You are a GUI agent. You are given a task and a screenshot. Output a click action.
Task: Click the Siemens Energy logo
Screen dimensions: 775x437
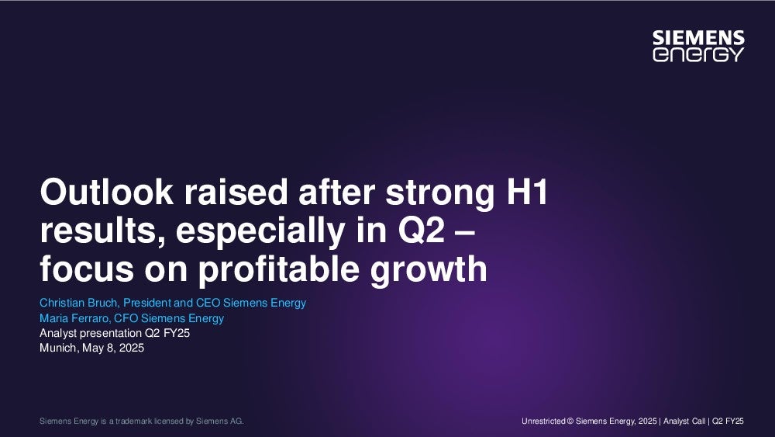(698, 46)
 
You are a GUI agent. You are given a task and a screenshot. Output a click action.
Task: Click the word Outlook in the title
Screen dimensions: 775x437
(107, 192)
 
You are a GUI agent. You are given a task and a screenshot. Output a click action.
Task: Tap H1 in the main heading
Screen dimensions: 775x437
(527, 192)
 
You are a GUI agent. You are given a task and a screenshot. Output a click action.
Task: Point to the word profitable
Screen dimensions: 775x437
(278, 269)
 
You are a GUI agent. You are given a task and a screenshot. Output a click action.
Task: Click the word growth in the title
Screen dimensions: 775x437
(429, 269)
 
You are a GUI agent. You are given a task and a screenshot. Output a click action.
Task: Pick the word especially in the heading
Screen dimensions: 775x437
(260, 231)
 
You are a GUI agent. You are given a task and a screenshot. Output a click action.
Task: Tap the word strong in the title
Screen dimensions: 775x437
(440, 193)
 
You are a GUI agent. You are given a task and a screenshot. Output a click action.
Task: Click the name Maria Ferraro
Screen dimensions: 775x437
(74, 318)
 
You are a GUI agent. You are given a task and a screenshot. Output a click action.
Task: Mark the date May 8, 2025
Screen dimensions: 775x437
(113, 348)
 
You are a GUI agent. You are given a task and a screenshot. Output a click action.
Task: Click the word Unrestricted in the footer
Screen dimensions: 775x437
(543, 421)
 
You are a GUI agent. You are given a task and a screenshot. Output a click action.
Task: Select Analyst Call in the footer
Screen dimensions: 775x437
(684, 421)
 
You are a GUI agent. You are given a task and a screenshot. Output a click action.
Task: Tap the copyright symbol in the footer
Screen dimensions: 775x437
(570, 421)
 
